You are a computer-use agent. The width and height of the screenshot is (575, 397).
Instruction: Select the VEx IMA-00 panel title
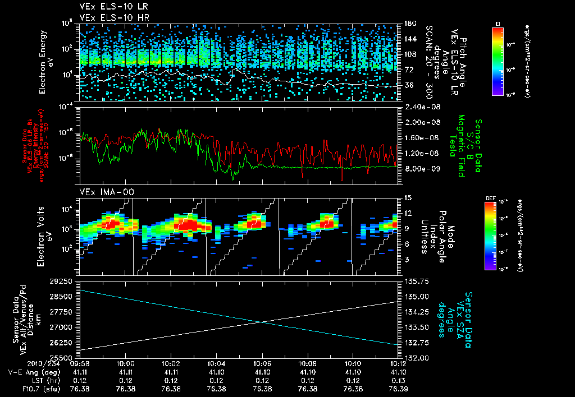(x=101, y=192)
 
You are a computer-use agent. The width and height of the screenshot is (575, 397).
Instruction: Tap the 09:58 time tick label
(x=80, y=363)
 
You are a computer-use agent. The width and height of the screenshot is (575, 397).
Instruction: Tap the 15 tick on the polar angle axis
(x=408, y=198)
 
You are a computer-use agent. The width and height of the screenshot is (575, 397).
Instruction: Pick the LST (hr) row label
(x=26, y=381)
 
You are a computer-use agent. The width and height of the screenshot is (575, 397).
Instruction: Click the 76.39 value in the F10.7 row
(x=398, y=389)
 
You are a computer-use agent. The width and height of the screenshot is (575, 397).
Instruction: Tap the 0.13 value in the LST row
(x=398, y=381)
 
